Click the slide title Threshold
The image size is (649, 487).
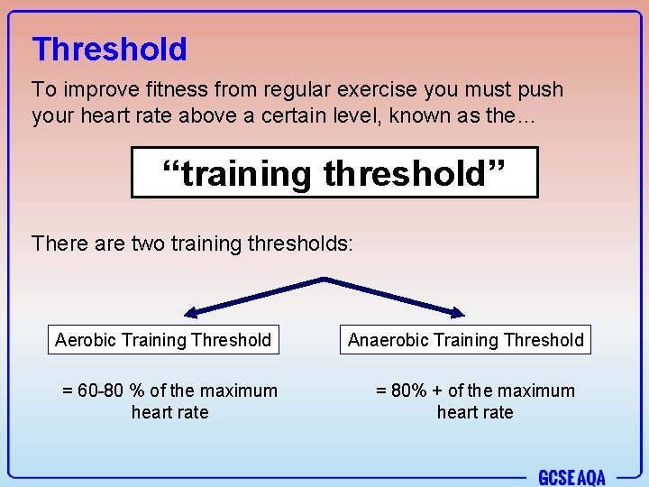tap(109, 49)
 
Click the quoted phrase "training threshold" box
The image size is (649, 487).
tap(334, 172)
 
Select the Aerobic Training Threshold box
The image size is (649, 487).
tap(163, 340)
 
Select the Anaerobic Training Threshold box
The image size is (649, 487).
tap(466, 340)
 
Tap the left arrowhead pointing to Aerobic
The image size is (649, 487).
tap(190, 312)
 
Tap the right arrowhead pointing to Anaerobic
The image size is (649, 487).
tap(456, 312)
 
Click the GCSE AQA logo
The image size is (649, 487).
tap(571, 477)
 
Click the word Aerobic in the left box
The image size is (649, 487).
tap(86, 340)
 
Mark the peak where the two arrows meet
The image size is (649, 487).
tap(324, 280)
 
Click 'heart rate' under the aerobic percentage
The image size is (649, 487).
tap(169, 412)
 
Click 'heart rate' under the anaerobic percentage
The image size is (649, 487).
tap(475, 412)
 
